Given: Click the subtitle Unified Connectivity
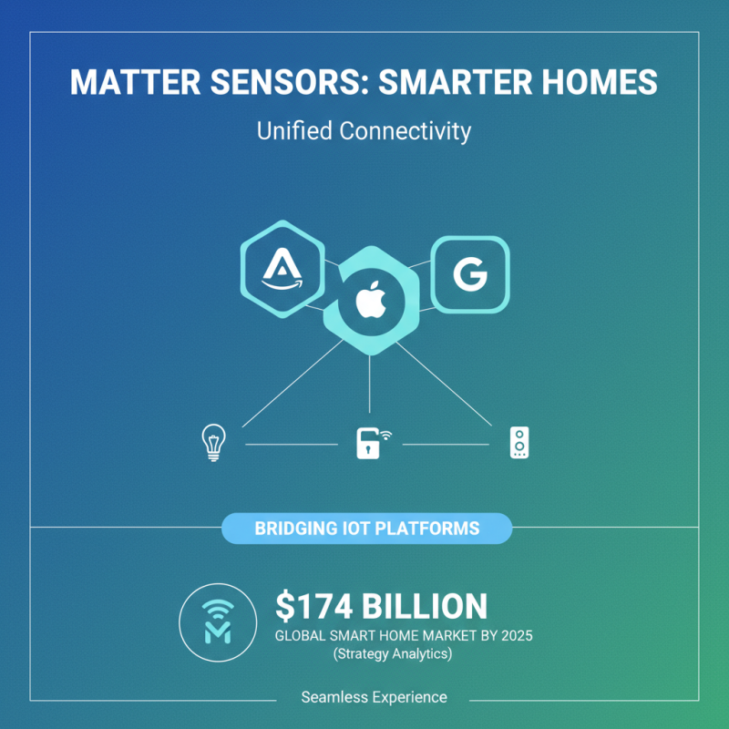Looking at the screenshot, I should [364, 131].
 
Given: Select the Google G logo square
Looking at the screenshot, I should [469, 273].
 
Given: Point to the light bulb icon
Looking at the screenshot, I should [212, 442].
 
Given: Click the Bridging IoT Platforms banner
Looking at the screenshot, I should [366, 528].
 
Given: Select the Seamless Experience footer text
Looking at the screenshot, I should [374, 697].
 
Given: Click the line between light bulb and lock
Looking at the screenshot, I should [292, 445].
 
